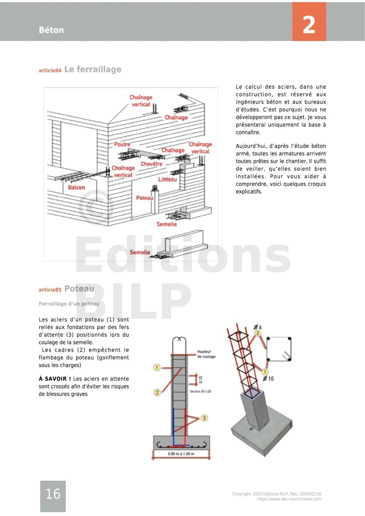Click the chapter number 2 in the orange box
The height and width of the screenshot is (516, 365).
(309, 25)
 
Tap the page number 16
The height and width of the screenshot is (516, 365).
(53, 494)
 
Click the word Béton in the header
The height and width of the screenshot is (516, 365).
(51, 30)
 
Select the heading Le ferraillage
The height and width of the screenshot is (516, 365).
(93, 69)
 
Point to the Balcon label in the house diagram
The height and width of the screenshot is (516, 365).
(77, 188)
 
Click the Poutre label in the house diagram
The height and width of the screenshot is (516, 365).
(122, 144)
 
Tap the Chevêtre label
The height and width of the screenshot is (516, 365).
(151, 164)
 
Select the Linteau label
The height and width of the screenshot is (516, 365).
(168, 179)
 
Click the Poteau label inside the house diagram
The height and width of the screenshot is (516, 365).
(144, 198)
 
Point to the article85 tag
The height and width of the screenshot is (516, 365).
(50, 290)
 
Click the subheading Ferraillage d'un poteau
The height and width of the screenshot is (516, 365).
(69, 304)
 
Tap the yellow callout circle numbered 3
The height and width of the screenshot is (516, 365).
(204, 418)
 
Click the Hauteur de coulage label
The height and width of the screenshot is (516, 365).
(206, 354)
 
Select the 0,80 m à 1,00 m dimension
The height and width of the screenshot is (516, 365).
(181, 454)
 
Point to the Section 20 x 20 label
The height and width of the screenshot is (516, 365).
(200, 391)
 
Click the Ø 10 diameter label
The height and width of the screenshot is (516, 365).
(268, 379)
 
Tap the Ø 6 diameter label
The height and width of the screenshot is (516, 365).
(258, 327)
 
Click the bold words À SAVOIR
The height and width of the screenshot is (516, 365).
(55, 379)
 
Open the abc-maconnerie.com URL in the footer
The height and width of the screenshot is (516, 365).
(289, 499)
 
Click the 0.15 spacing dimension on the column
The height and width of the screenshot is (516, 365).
(201, 380)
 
